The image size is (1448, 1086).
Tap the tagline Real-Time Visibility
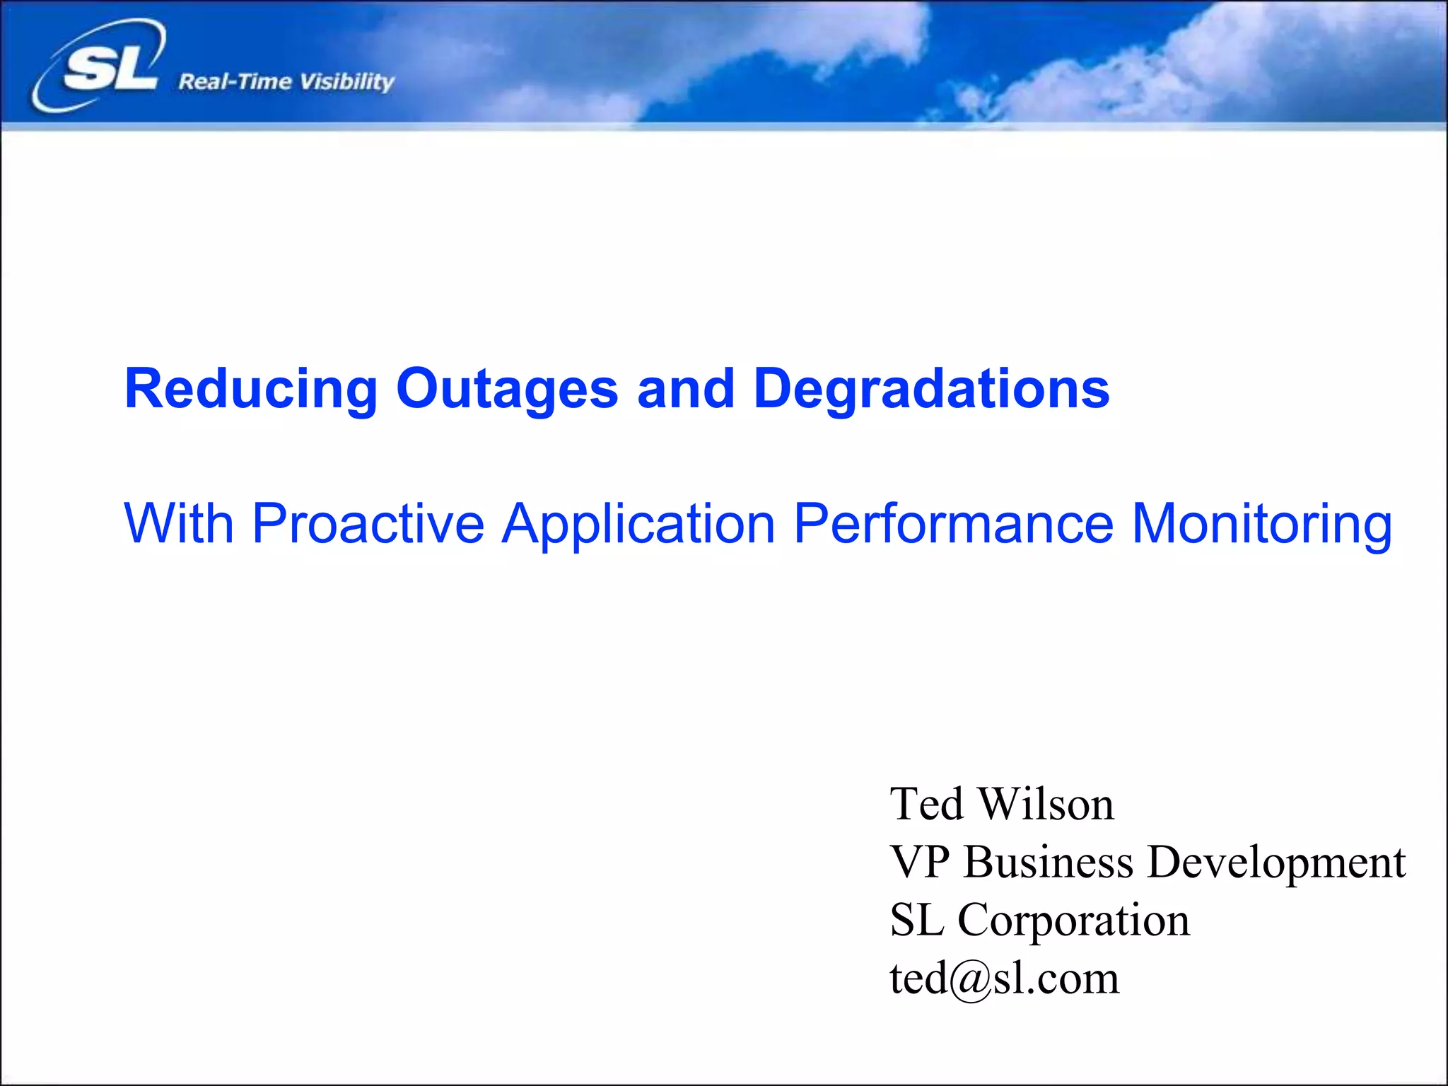(x=286, y=82)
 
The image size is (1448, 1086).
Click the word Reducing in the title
(x=251, y=389)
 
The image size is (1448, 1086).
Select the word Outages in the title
(x=507, y=389)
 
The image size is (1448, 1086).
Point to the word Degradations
(x=931, y=389)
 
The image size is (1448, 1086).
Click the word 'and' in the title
(x=685, y=389)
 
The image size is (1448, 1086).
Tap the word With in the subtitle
(x=178, y=523)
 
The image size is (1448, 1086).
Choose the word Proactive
(x=368, y=523)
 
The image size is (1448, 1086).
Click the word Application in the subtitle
(x=638, y=525)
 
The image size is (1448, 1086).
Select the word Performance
(x=953, y=523)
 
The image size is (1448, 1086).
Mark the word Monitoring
(x=1262, y=525)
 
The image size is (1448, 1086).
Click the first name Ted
(x=926, y=805)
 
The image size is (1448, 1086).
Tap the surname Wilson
(x=1046, y=805)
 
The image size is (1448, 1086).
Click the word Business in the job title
(x=1049, y=863)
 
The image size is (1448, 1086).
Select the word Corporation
(x=1073, y=921)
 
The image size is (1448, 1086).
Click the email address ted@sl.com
(x=1004, y=979)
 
